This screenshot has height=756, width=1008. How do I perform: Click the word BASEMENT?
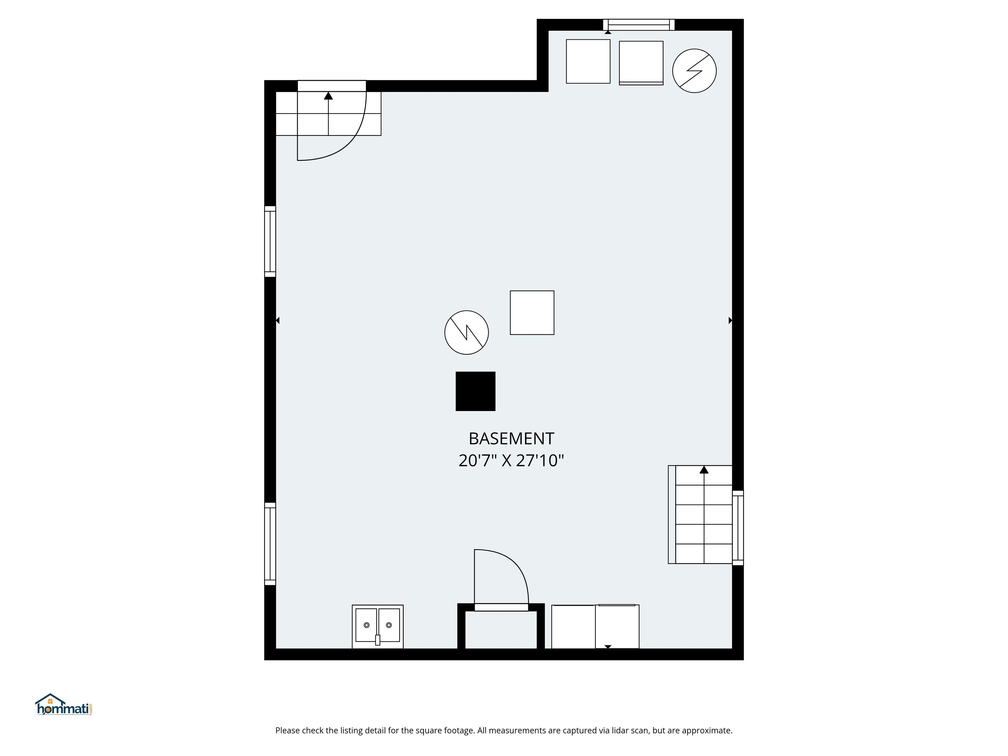(511, 438)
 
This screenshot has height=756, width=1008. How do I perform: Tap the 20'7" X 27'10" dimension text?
(511, 461)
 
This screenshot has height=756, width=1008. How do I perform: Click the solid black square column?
(475, 391)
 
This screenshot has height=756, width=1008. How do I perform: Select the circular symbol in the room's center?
(466, 332)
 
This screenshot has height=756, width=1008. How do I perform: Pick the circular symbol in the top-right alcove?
(694, 71)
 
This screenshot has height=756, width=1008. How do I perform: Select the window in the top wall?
(639, 25)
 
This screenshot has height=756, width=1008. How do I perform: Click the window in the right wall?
(738, 528)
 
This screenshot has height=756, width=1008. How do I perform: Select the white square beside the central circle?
(532, 313)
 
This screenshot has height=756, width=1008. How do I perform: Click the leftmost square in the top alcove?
(588, 61)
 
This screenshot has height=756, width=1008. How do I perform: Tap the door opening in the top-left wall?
(331, 86)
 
